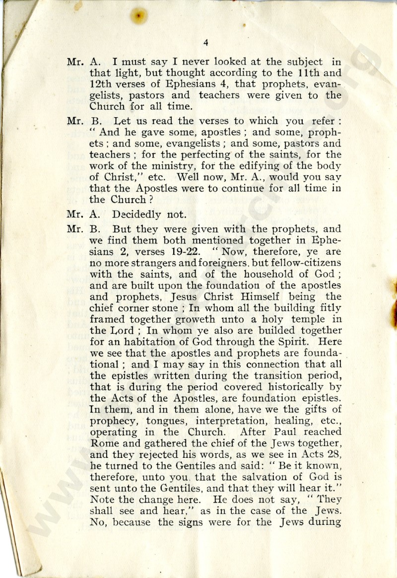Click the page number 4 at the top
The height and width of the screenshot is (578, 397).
tap(205, 43)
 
